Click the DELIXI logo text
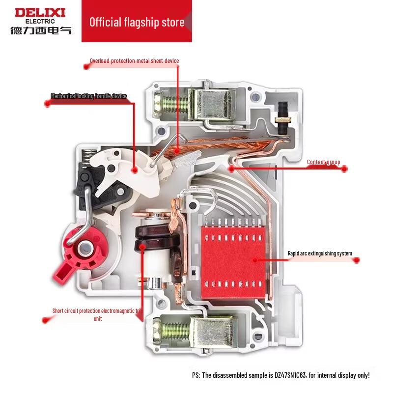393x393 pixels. pyautogui.click(x=40, y=12)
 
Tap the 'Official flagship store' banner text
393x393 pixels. pyautogui.click(x=137, y=22)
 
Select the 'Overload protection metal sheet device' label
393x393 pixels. pyautogui.click(x=134, y=61)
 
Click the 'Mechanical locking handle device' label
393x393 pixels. pyautogui.click(x=89, y=96)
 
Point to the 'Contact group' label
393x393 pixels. pyautogui.click(x=323, y=162)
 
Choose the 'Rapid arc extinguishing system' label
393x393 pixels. pyautogui.click(x=320, y=253)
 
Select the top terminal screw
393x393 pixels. pyautogui.click(x=172, y=103)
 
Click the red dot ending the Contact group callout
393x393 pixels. pyautogui.click(x=344, y=168)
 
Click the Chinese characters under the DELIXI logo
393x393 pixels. pyautogui.click(x=41, y=30)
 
